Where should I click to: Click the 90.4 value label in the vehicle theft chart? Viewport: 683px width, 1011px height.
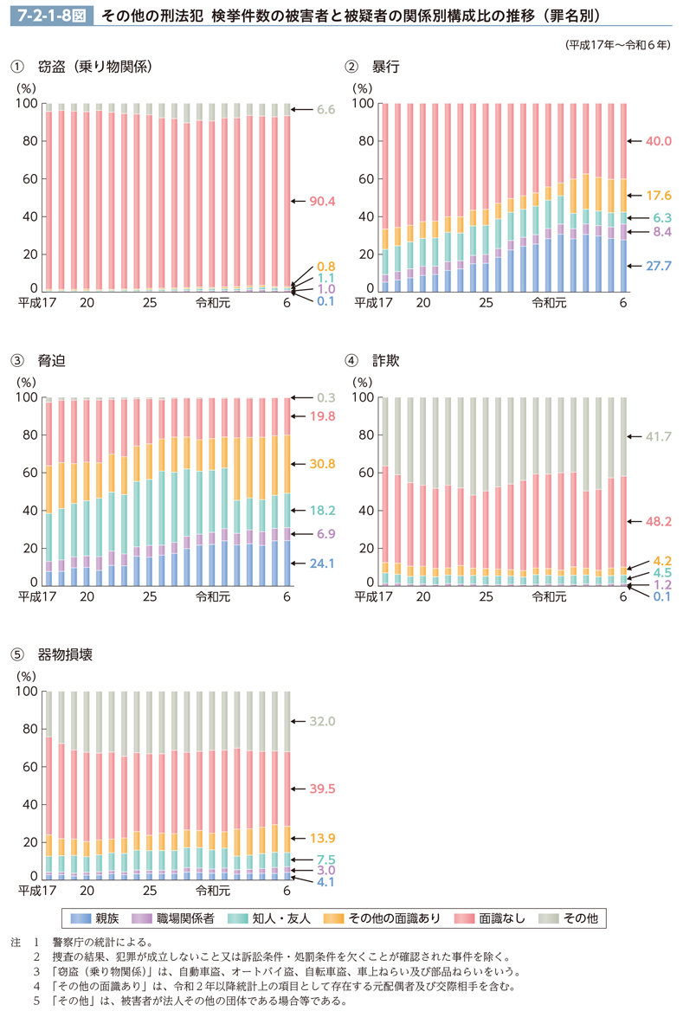[322, 201]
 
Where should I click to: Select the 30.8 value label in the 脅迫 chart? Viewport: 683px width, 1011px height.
[322, 464]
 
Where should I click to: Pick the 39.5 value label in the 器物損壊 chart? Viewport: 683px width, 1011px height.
[322, 789]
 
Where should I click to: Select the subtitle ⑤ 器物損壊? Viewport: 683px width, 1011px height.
[51, 654]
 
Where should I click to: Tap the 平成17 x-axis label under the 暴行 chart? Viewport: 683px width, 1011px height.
[374, 303]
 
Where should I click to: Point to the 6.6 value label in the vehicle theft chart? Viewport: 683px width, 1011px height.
[325, 110]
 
